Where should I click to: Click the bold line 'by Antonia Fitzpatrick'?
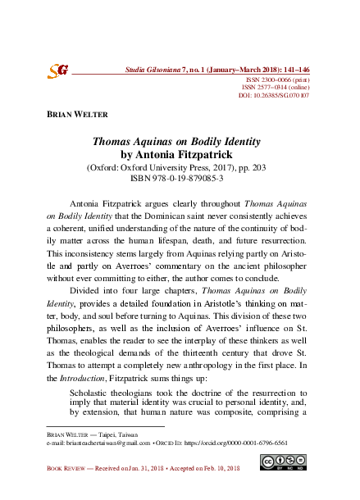pos(180,153)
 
